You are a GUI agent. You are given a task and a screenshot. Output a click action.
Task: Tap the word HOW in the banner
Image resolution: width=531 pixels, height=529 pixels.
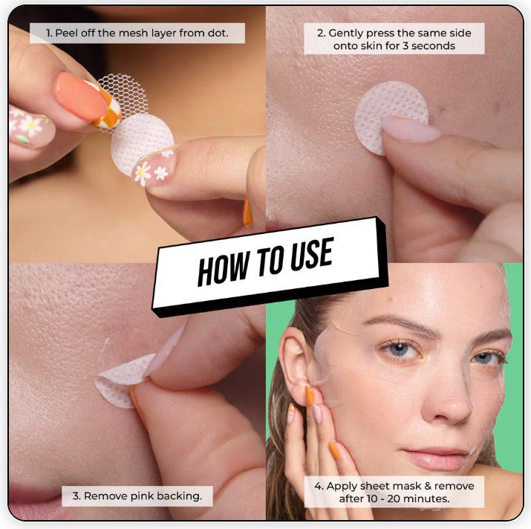tap(224, 270)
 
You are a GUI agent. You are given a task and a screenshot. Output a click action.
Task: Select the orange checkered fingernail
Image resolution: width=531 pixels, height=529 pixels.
tap(108, 107)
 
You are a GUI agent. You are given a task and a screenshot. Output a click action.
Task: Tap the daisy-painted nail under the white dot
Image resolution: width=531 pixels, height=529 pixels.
tap(154, 167)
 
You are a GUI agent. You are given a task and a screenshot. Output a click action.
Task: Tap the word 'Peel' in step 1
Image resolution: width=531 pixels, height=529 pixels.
tap(65, 33)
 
